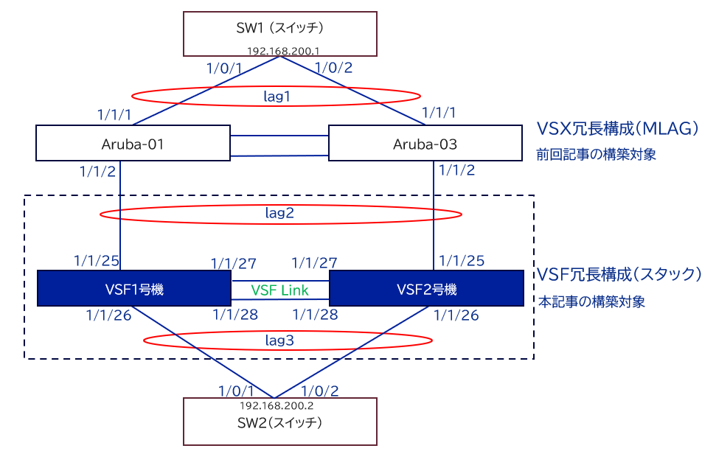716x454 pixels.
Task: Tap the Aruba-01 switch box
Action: tap(132, 144)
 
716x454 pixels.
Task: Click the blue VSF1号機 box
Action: tap(133, 288)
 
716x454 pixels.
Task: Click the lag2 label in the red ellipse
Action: tap(280, 214)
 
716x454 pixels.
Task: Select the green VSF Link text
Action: tap(280, 290)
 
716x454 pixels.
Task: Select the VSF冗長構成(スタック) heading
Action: tap(619, 274)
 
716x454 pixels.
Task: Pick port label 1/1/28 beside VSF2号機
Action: tap(316, 315)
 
